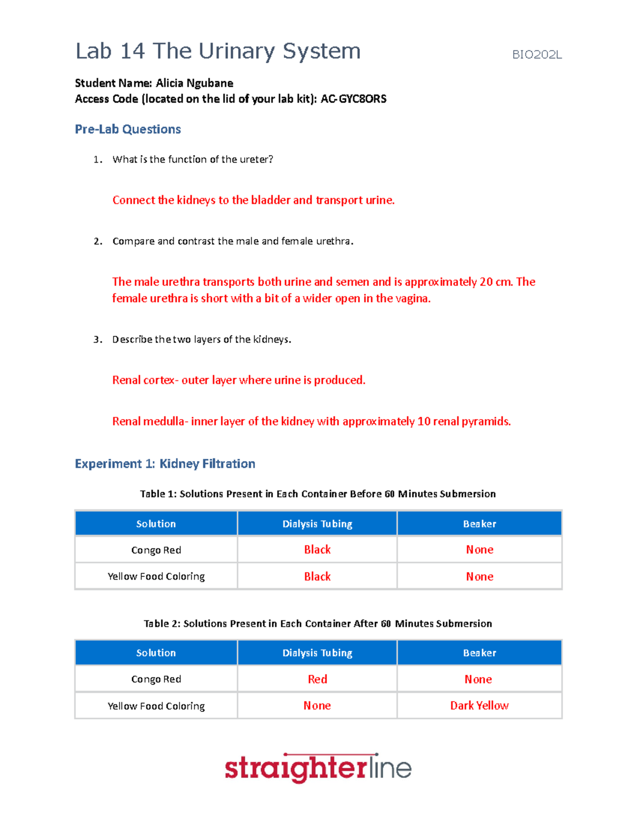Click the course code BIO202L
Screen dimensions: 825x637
click(537, 55)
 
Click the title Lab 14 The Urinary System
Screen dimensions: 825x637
click(218, 52)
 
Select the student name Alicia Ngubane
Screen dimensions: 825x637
click(194, 83)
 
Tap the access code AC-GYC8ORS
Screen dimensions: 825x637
click(354, 99)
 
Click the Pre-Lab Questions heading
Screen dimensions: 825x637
click(128, 129)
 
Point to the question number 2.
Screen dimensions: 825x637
click(98, 241)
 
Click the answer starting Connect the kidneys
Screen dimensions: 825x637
click(253, 200)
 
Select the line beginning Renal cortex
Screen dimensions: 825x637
click(238, 380)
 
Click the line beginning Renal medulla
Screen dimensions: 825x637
click(311, 421)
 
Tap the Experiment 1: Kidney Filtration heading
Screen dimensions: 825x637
click(165, 464)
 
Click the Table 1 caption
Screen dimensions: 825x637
click(317, 494)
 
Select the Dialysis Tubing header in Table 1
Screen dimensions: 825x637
click(317, 524)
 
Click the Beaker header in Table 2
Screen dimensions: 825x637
click(479, 653)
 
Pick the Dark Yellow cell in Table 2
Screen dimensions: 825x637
click(479, 705)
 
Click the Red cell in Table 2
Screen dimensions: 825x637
click(317, 679)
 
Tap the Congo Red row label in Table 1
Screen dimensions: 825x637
click(156, 550)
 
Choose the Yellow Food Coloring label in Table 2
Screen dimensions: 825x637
click(156, 706)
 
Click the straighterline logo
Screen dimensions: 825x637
click(318, 768)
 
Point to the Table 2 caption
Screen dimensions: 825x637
click(317, 624)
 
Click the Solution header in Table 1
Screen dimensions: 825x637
click(156, 524)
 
